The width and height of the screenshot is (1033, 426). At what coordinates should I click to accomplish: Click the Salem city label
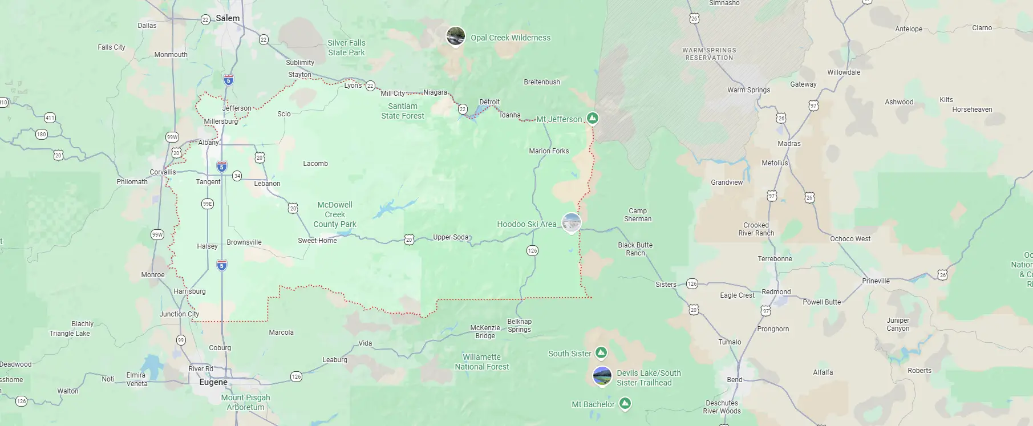point(228,18)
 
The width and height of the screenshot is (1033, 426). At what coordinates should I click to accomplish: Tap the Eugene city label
point(213,382)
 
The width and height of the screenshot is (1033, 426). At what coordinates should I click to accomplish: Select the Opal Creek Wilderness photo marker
point(455,36)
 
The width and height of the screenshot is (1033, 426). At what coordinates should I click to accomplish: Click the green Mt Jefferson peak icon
point(593,118)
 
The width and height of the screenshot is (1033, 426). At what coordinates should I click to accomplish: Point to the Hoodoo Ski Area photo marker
point(571,223)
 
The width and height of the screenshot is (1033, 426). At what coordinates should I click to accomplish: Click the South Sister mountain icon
point(601,353)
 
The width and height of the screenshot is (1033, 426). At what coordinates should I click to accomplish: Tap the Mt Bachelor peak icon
point(625,404)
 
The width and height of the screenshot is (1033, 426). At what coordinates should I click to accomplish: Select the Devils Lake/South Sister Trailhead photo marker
point(602,376)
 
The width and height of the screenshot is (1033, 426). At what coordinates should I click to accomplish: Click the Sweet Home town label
point(317,241)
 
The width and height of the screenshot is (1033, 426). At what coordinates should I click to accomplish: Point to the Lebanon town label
point(267,184)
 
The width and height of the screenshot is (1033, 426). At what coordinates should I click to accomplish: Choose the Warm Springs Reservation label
point(709,54)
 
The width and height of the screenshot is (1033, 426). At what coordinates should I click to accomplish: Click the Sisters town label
point(666,285)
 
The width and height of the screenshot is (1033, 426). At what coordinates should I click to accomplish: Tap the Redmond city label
point(776,292)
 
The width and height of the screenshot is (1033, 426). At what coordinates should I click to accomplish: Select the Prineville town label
point(876,281)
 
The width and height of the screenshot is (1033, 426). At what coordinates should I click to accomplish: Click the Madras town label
point(789,144)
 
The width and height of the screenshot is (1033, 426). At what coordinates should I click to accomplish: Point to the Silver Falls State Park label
point(346,48)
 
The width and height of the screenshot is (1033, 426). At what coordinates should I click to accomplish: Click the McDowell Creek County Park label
point(335,214)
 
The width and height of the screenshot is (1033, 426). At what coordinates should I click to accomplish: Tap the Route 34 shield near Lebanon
point(237,176)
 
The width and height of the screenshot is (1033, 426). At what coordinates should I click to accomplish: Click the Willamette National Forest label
point(481,362)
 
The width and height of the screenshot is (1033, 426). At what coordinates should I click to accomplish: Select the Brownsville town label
point(244,242)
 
